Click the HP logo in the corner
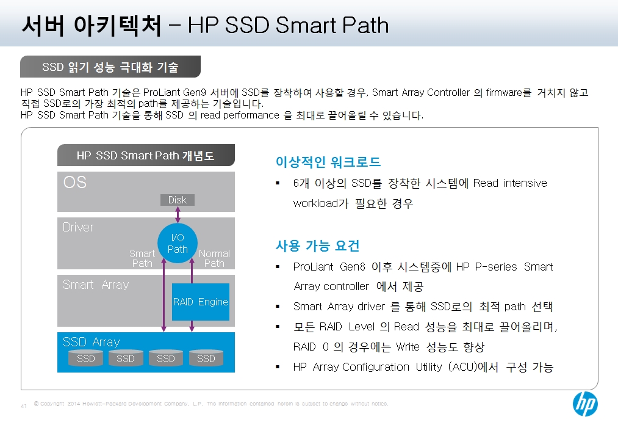[x=585, y=404]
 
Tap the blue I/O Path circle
[x=178, y=243]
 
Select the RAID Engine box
[x=201, y=302]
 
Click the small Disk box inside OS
[x=178, y=200]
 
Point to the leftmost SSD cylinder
[x=85, y=358]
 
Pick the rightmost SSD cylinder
[x=206, y=358]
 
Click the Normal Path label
[x=214, y=258]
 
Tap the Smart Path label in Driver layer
[x=142, y=258]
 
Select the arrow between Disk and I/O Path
[x=178, y=214]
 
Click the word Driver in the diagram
[x=78, y=227]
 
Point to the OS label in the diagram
[x=75, y=182]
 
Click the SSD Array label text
[x=91, y=341]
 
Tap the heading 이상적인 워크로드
[x=328, y=162]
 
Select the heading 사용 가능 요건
[x=317, y=246]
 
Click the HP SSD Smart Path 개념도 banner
[x=146, y=155]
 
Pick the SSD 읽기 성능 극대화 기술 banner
[x=110, y=67]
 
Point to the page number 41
[x=23, y=406]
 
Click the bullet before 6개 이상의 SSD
[x=278, y=183]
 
